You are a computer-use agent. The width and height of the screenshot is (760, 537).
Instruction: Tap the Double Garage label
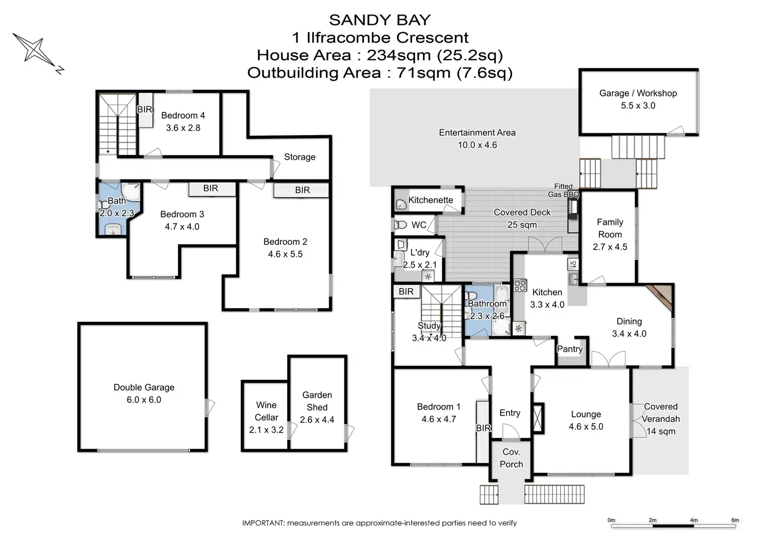(x=144, y=387)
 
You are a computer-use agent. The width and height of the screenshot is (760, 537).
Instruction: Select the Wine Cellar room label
(x=266, y=411)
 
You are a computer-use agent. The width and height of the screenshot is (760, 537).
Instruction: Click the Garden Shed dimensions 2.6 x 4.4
(x=317, y=420)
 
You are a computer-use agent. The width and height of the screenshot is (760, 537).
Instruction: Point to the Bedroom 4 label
(x=183, y=116)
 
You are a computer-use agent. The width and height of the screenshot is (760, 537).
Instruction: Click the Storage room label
(x=299, y=157)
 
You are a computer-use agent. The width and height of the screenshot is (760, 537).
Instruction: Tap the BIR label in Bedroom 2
(x=302, y=190)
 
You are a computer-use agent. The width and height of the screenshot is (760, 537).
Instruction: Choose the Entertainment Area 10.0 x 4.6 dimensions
(x=477, y=145)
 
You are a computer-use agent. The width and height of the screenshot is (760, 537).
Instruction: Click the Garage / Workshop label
(x=638, y=93)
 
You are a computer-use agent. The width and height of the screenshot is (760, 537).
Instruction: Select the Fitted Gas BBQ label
(x=563, y=190)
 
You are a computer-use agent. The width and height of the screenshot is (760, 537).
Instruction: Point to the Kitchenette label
(x=431, y=200)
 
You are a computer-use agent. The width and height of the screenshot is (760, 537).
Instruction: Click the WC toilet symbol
(x=401, y=225)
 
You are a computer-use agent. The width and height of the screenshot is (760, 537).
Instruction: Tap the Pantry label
(x=569, y=349)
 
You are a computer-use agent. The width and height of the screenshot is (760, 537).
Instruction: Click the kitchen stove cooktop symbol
(x=520, y=285)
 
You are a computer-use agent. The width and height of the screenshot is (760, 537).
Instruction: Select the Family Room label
(x=610, y=228)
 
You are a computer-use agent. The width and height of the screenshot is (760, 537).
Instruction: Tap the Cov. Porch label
(x=511, y=458)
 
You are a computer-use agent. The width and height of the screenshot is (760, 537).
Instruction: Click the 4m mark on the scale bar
(x=693, y=520)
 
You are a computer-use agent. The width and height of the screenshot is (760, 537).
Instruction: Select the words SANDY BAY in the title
(x=379, y=20)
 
